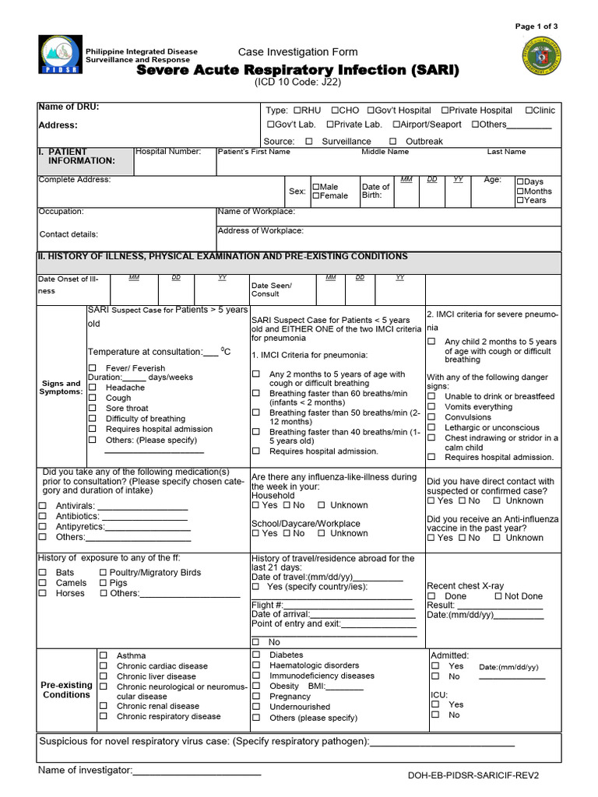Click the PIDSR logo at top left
point(59,54)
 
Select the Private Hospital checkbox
point(445,111)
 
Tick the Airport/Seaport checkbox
point(396,125)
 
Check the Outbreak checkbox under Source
point(392,142)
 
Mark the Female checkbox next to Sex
point(316,196)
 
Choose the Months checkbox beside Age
point(520,191)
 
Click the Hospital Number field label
point(167,152)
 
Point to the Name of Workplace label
point(256,212)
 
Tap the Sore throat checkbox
point(92,409)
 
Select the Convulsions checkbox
point(431,417)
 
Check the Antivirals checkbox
point(43,507)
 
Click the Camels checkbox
point(43,583)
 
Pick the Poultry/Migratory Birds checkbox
point(104,573)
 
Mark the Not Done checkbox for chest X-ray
point(498,596)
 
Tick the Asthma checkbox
point(103,656)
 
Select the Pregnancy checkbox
point(256,697)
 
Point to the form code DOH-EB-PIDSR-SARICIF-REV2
point(473,776)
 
